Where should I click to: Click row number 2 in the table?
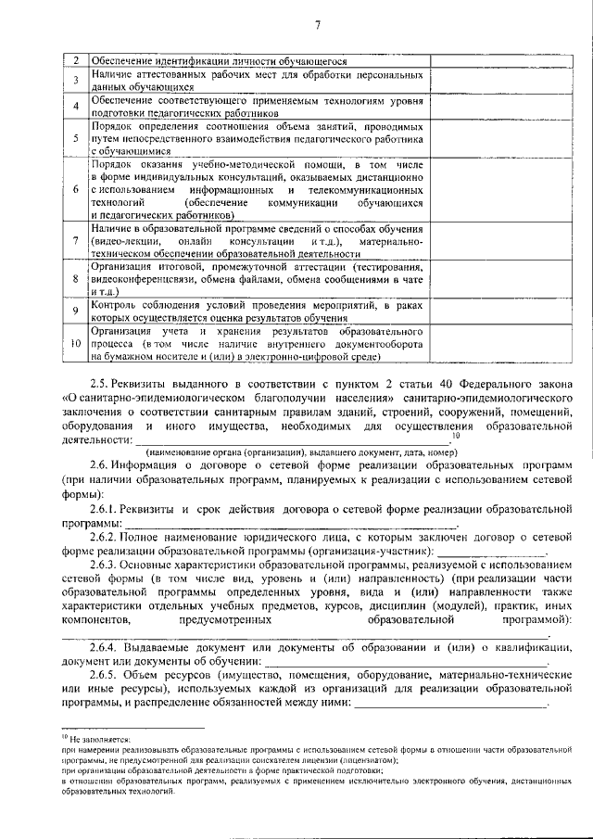click(76, 61)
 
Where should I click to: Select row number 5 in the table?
click(76, 137)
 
